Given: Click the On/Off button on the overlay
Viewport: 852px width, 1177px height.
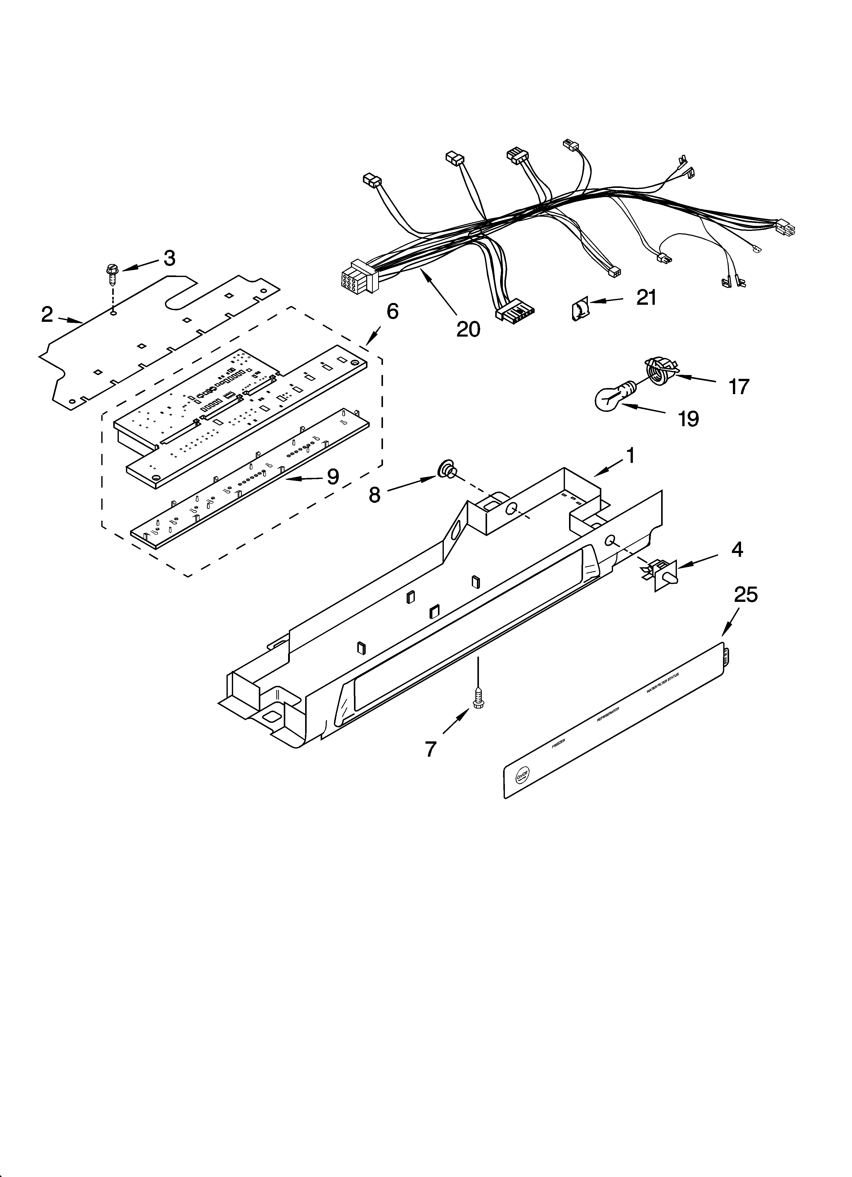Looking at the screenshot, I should tap(522, 775).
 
